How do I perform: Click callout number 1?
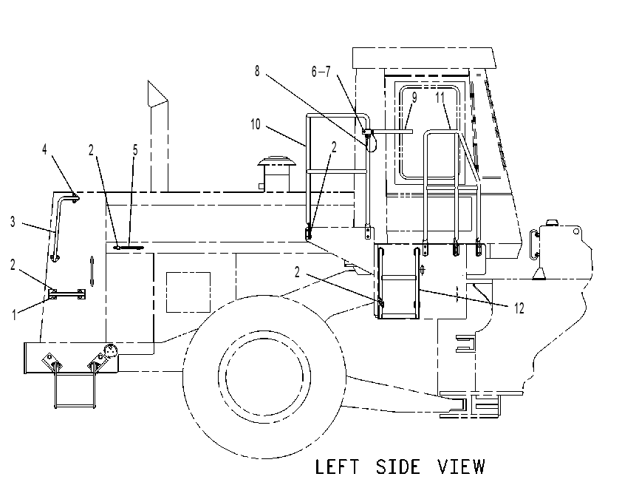(14, 315)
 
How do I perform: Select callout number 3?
(13, 222)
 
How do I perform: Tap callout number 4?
(44, 149)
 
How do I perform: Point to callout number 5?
(135, 150)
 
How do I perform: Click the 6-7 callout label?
(321, 72)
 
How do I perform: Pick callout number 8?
(257, 71)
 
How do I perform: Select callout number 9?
(414, 98)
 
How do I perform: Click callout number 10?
(255, 124)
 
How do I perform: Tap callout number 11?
(440, 98)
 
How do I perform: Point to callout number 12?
(519, 308)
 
